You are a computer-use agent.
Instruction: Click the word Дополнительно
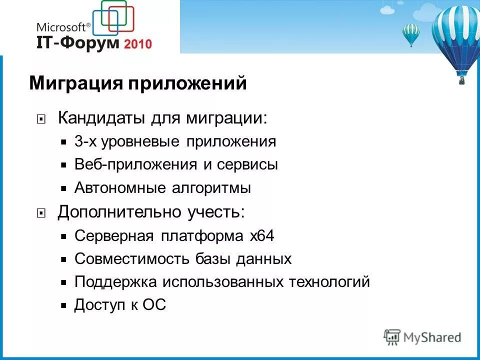coord(120,212)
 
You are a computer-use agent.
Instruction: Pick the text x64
coord(261,235)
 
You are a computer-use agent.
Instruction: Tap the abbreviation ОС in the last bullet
coord(154,305)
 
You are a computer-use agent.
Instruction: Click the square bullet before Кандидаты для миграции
coord(41,119)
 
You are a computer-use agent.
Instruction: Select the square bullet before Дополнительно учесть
coord(41,213)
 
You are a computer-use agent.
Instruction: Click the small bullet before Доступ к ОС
coord(63,305)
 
